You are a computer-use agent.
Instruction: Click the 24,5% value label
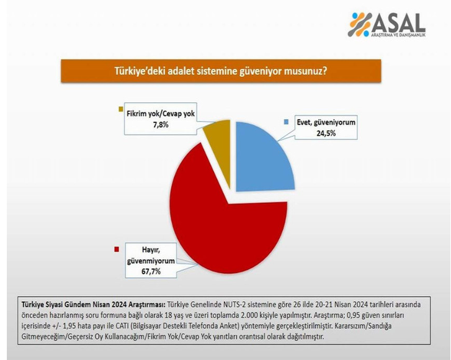pos(326,133)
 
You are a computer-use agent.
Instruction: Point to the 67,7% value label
pos(151,271)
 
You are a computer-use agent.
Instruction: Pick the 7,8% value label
pos(161,125)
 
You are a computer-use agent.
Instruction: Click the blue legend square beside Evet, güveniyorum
pos(286,122)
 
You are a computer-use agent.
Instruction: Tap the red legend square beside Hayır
pos(117,249)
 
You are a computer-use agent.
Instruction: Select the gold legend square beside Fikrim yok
pos(121,109)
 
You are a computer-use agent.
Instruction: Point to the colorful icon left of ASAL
pos(360,24)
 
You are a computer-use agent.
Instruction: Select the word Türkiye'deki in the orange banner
pos(140,71)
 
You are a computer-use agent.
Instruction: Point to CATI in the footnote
pos(121,326)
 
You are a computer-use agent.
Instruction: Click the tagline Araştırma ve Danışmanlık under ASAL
pos(398,35)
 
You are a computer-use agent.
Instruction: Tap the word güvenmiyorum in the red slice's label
pos(151,261)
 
